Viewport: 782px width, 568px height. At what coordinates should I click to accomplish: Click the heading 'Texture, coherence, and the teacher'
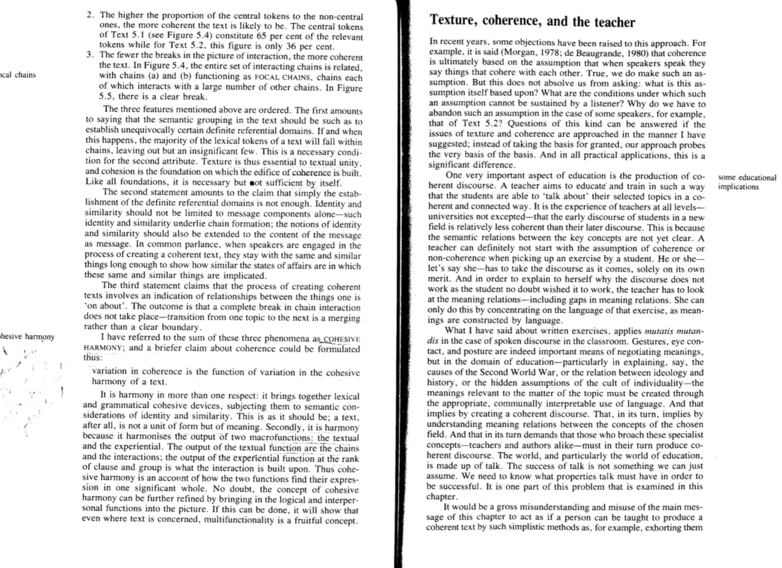[532, 21]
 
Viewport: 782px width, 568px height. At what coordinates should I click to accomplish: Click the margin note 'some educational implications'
[746, 182]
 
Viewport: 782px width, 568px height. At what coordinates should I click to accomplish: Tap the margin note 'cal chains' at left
[18, 75]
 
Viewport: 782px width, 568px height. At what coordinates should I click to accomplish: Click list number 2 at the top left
[90, 15]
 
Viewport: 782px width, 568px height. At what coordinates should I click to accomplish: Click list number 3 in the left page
[89, 55]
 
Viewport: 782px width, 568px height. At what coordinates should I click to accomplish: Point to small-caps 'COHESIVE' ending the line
[341, 339]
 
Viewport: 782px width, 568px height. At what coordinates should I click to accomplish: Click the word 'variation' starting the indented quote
[109, 371]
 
